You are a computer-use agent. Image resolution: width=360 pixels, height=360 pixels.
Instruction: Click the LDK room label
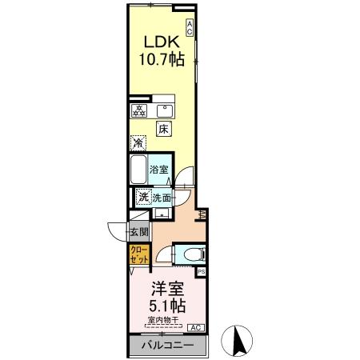click(160, 41)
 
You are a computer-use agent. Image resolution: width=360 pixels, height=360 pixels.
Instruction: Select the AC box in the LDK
click(190, 27)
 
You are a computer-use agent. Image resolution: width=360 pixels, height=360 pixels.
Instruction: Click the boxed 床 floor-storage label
click(162, 128)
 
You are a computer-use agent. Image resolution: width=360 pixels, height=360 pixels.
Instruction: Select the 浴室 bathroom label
click(160, 169)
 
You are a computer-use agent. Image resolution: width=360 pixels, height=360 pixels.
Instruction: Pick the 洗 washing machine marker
click(142, 197)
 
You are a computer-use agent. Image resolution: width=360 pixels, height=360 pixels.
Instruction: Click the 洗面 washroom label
click(163, 197)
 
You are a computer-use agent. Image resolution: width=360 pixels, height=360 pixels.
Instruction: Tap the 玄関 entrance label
click(138, 233)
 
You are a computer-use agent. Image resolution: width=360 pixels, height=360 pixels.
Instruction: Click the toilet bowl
click(190, 254)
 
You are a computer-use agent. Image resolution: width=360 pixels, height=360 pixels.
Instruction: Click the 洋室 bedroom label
click(167, 287)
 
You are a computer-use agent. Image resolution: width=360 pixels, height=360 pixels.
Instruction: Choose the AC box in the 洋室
click(196, 326)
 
